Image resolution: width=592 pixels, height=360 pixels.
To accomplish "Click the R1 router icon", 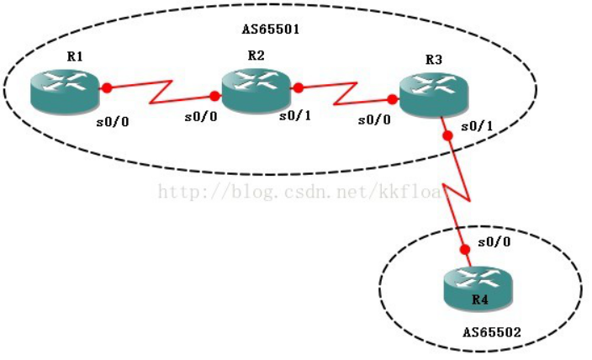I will tap(65, 92).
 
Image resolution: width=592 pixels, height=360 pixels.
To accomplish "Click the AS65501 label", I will tap(271, 28).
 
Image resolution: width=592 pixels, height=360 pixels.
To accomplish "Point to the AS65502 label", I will tap(492, 332).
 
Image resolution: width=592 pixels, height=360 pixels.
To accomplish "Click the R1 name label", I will tap(75, 56).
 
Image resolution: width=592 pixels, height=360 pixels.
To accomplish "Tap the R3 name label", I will tap(433, 60).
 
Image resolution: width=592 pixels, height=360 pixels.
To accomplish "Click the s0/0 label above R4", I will tap(491, 242).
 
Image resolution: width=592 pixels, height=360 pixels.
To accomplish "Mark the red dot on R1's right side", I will tap(107, 87).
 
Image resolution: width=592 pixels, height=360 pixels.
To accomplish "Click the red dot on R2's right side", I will tap(298, 86).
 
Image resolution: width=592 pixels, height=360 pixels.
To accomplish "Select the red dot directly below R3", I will tap(447, 134).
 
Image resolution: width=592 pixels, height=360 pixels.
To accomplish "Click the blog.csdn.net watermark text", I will tap(299, 193).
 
